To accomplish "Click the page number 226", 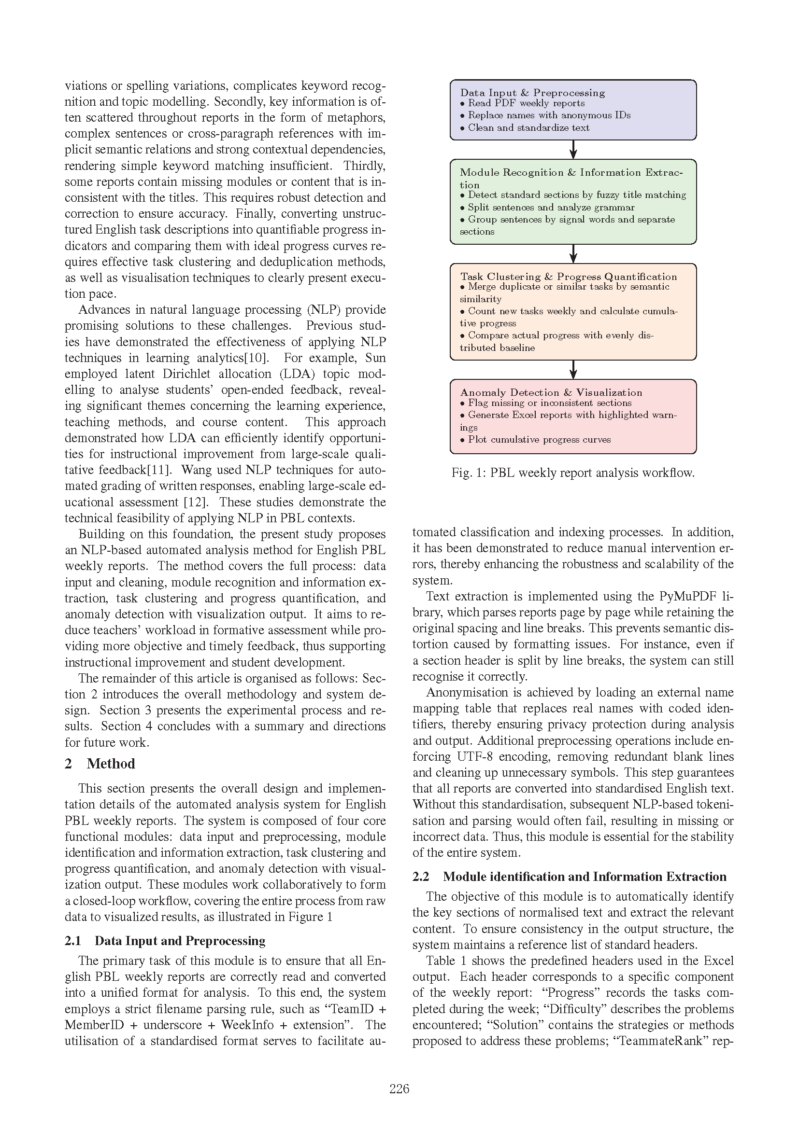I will click(x=399, y=1089).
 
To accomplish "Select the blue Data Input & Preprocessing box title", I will click(x=532, y=93).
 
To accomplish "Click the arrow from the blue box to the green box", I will click(x=573, y=150).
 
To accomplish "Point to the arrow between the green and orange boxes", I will click(x=573, y=254).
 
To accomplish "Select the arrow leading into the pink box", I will click(x=573, y=370).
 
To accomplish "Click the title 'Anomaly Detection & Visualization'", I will click(x=551, y=392).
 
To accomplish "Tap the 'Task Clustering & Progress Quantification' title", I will click(x=568, y=277).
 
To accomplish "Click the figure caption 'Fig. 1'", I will click(x=573, y=473).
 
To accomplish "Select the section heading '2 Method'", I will click(x=100, y=764).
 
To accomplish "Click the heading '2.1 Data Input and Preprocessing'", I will click(x=165, y=941).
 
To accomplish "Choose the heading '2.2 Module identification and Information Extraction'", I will click(x=569, y=877).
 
